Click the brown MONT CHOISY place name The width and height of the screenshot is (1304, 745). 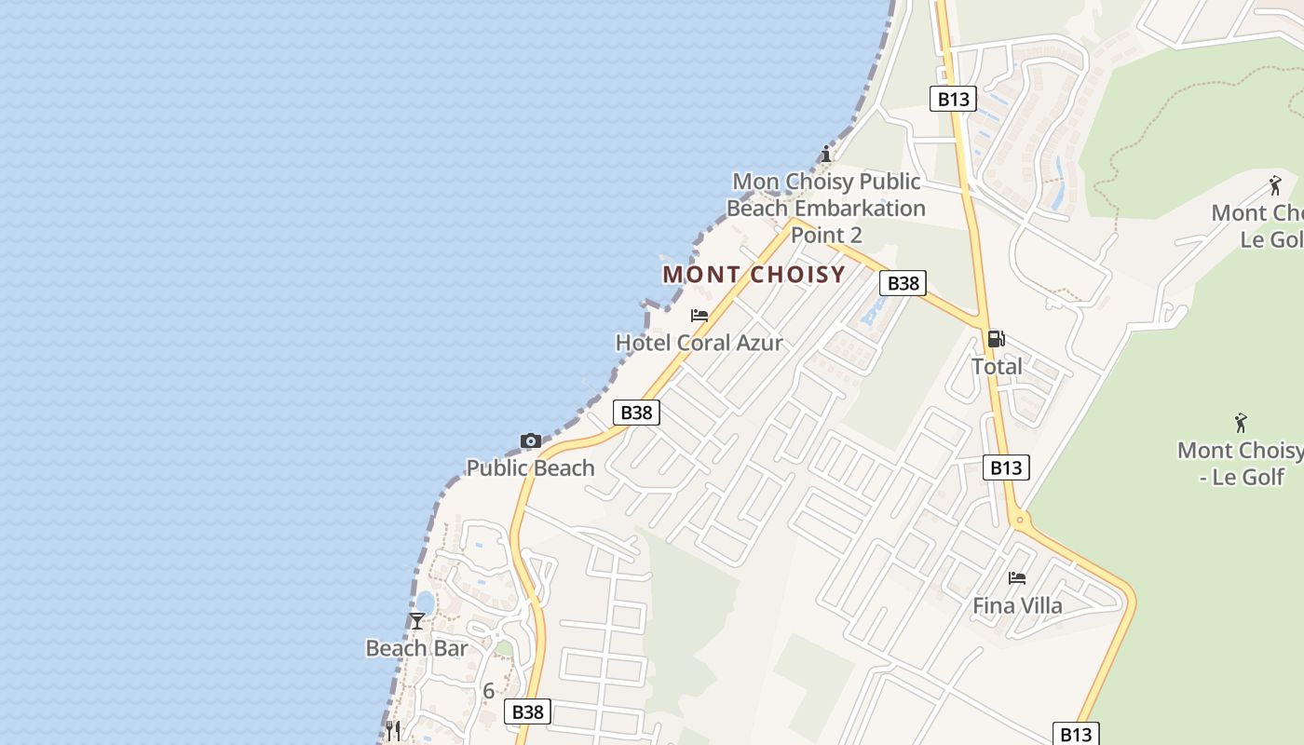tap(754, 275)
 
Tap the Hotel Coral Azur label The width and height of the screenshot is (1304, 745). tap(699, 343)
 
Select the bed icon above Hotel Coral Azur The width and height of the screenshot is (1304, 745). tap(700, 316)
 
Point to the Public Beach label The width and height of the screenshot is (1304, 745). tap(530, 467)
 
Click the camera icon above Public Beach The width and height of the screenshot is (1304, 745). tap(530, 440)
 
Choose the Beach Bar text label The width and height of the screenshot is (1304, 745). tap(416, 648)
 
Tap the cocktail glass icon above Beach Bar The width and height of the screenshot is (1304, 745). tap(417, 621)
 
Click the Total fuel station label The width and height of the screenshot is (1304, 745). tap(997, 366)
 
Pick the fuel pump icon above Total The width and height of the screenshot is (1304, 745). tap(996, 339)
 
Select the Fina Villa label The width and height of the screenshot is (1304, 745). tap(1017, 606)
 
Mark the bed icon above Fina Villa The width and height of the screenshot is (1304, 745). tap(1017, 578)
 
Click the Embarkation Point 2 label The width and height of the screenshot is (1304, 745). tap(826, 208)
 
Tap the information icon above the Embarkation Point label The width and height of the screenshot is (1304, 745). tap(825, 154)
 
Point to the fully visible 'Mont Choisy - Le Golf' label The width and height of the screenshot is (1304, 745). tap(1240, 463)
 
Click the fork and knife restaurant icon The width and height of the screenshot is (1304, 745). tap(393, 730)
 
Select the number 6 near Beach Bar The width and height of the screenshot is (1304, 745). tap(488, 691)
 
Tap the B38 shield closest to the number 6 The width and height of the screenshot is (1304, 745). tap(528, 712)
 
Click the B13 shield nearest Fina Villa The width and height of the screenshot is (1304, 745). tap(1006, 467)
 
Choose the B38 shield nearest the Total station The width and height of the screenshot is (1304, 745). tap(903, 283)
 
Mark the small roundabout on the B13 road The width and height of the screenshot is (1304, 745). tap(1020, 520)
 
